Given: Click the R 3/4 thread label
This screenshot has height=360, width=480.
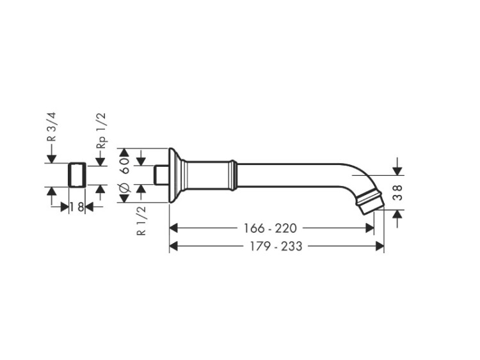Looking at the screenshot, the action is (52, 127).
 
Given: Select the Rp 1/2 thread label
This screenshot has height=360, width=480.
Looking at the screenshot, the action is (101, 130).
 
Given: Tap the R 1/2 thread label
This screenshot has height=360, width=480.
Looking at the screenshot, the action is (141, 221).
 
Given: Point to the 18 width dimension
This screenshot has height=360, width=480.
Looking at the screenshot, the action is (77, 207).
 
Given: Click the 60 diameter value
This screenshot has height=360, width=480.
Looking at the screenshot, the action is (125, 166).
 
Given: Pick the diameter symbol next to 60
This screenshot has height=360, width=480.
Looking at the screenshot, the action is (125, 189).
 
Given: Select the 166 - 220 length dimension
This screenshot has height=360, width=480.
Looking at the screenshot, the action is (270, 228).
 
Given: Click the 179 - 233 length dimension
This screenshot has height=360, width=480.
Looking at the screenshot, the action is (276, 246).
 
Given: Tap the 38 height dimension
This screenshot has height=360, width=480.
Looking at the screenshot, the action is (397, 192).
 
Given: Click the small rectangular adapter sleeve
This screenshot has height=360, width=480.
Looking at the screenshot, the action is (77, 175).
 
